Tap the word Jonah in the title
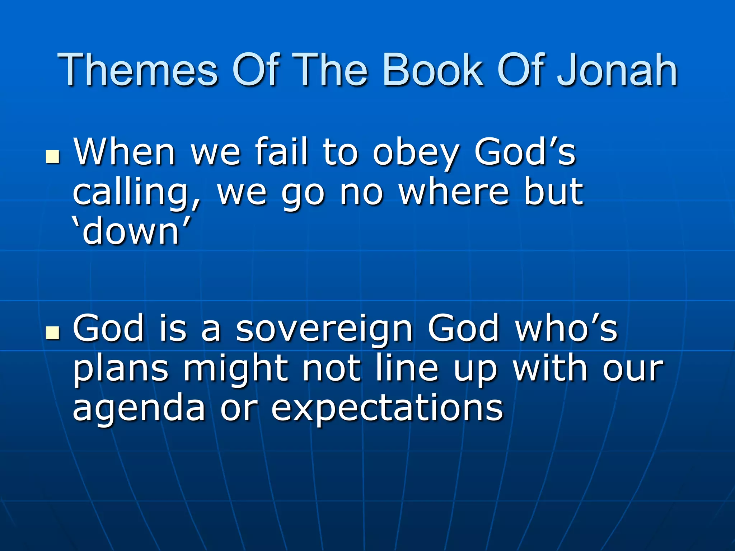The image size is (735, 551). (x=617, y=70)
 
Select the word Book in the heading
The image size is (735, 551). (x=433, y=70)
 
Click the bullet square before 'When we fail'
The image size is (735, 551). (x=52, y=156)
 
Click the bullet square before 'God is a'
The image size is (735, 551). (x=52, y=333)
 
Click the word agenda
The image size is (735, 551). (x=139, y=409)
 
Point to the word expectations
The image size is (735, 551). (x=387, y=409)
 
